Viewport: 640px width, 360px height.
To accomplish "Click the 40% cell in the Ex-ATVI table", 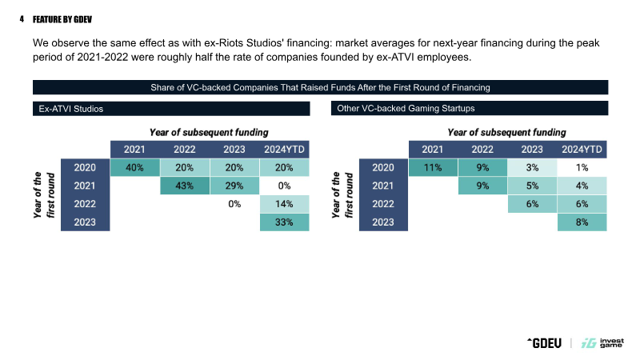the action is (134, 167).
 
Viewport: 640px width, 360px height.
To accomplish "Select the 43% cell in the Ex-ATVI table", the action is (185, 186).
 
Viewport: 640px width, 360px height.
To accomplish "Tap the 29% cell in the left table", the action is (234, 186).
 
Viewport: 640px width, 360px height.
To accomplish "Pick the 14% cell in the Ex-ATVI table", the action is (285, 204).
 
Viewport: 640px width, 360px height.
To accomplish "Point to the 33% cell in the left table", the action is (285, 222).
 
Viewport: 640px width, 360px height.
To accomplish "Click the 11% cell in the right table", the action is (433, 167).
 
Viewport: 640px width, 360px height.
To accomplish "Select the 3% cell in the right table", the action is (532, 167).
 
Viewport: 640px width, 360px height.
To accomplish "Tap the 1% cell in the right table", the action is (582, 167).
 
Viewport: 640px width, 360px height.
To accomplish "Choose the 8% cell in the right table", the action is (582, 222).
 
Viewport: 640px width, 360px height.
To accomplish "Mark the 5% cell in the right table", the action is (532, 186).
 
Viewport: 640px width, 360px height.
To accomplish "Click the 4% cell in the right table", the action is (582, 186).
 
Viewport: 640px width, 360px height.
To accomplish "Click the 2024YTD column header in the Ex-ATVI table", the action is (285, 150).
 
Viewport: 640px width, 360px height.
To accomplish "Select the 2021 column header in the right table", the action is (433, 150).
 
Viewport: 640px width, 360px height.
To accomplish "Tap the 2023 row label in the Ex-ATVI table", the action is (85, 222).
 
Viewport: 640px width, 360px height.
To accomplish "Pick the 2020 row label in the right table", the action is (383, 167).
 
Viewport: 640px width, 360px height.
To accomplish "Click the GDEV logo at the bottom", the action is (545, 343).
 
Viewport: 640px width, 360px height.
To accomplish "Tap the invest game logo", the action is (602, 343).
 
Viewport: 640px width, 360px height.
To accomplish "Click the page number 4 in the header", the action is (22, 19).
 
